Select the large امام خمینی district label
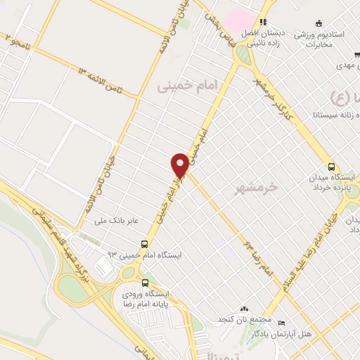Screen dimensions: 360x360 pyautogui.click(x=189, y=86)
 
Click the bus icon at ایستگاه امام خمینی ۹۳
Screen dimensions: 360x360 pyautogui.click(x=144, y=244)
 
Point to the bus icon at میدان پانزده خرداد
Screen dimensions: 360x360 pyautogui.click(x=332, y=166)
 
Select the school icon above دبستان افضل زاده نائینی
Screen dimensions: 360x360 pyautogui.click(x=264, y=22)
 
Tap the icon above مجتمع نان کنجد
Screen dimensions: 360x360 pyautogui.click(x=244, y=309)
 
